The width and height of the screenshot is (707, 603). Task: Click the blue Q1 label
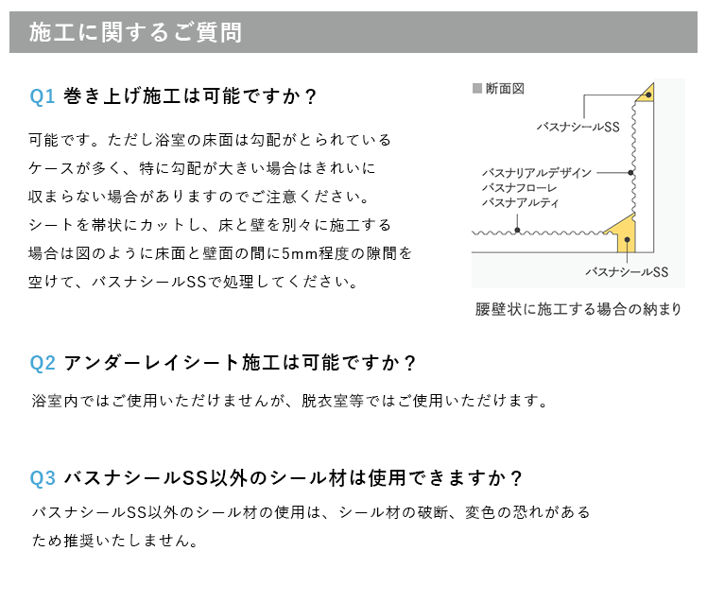coord(42,96)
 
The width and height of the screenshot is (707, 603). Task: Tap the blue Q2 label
coord(43,363)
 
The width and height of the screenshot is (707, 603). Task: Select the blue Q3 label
coord(43,478)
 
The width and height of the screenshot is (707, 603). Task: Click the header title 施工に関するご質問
coord(135,32)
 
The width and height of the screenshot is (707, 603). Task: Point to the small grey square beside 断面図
coord(477,88)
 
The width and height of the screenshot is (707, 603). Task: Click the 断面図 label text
coord(505,89)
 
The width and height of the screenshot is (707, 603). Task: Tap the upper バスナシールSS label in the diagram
coord(578,127)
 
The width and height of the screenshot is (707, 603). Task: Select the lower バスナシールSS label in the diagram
coord(627,272)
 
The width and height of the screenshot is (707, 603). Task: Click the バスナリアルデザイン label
coord(537,173)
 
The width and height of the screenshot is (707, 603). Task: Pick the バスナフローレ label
coord(520,188)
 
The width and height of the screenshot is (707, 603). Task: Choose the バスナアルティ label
coord(521,202)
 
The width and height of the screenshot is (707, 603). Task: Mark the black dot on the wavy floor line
coord(517,231)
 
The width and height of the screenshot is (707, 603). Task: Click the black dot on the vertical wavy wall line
coord(630,173)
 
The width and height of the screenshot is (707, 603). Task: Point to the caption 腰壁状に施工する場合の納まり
coord(578,309)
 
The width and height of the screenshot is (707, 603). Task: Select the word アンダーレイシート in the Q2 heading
coord(151,363)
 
